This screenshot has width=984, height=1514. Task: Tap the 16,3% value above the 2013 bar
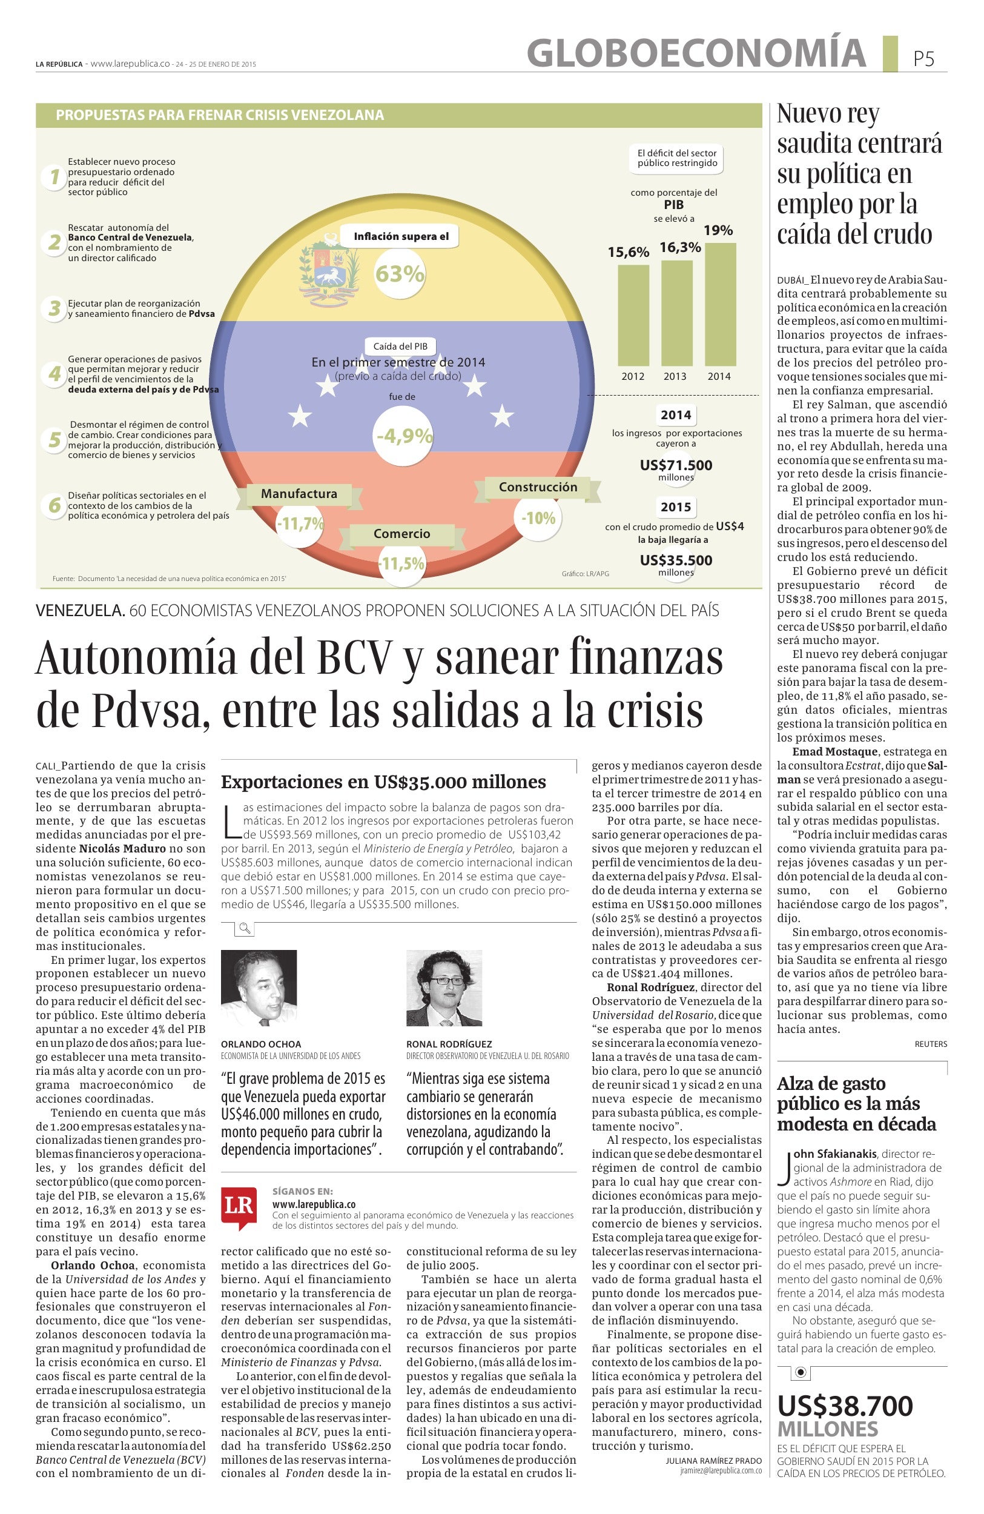click(x=679, y=247)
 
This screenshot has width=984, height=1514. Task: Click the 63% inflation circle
click(x=399, y=274)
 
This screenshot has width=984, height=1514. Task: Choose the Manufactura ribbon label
click(x=299, y=494)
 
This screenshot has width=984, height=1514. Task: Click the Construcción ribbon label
click(x=538, y=487)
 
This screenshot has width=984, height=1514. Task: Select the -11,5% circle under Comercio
click(x=401, y=563)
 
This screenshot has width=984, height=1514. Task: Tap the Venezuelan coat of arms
click(x=328, y=270)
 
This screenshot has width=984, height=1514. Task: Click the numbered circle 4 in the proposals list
click(x=54, y=373)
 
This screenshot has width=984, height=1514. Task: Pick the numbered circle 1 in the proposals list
click(x=54, y=176)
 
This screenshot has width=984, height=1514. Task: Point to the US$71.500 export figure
click(x=676, y=465)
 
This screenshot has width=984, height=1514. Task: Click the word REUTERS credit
click(x=931, y=1044)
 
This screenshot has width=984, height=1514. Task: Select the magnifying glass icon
click(x=244, y=929)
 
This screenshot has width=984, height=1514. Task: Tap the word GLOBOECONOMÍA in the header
click(x=696, y=52)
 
